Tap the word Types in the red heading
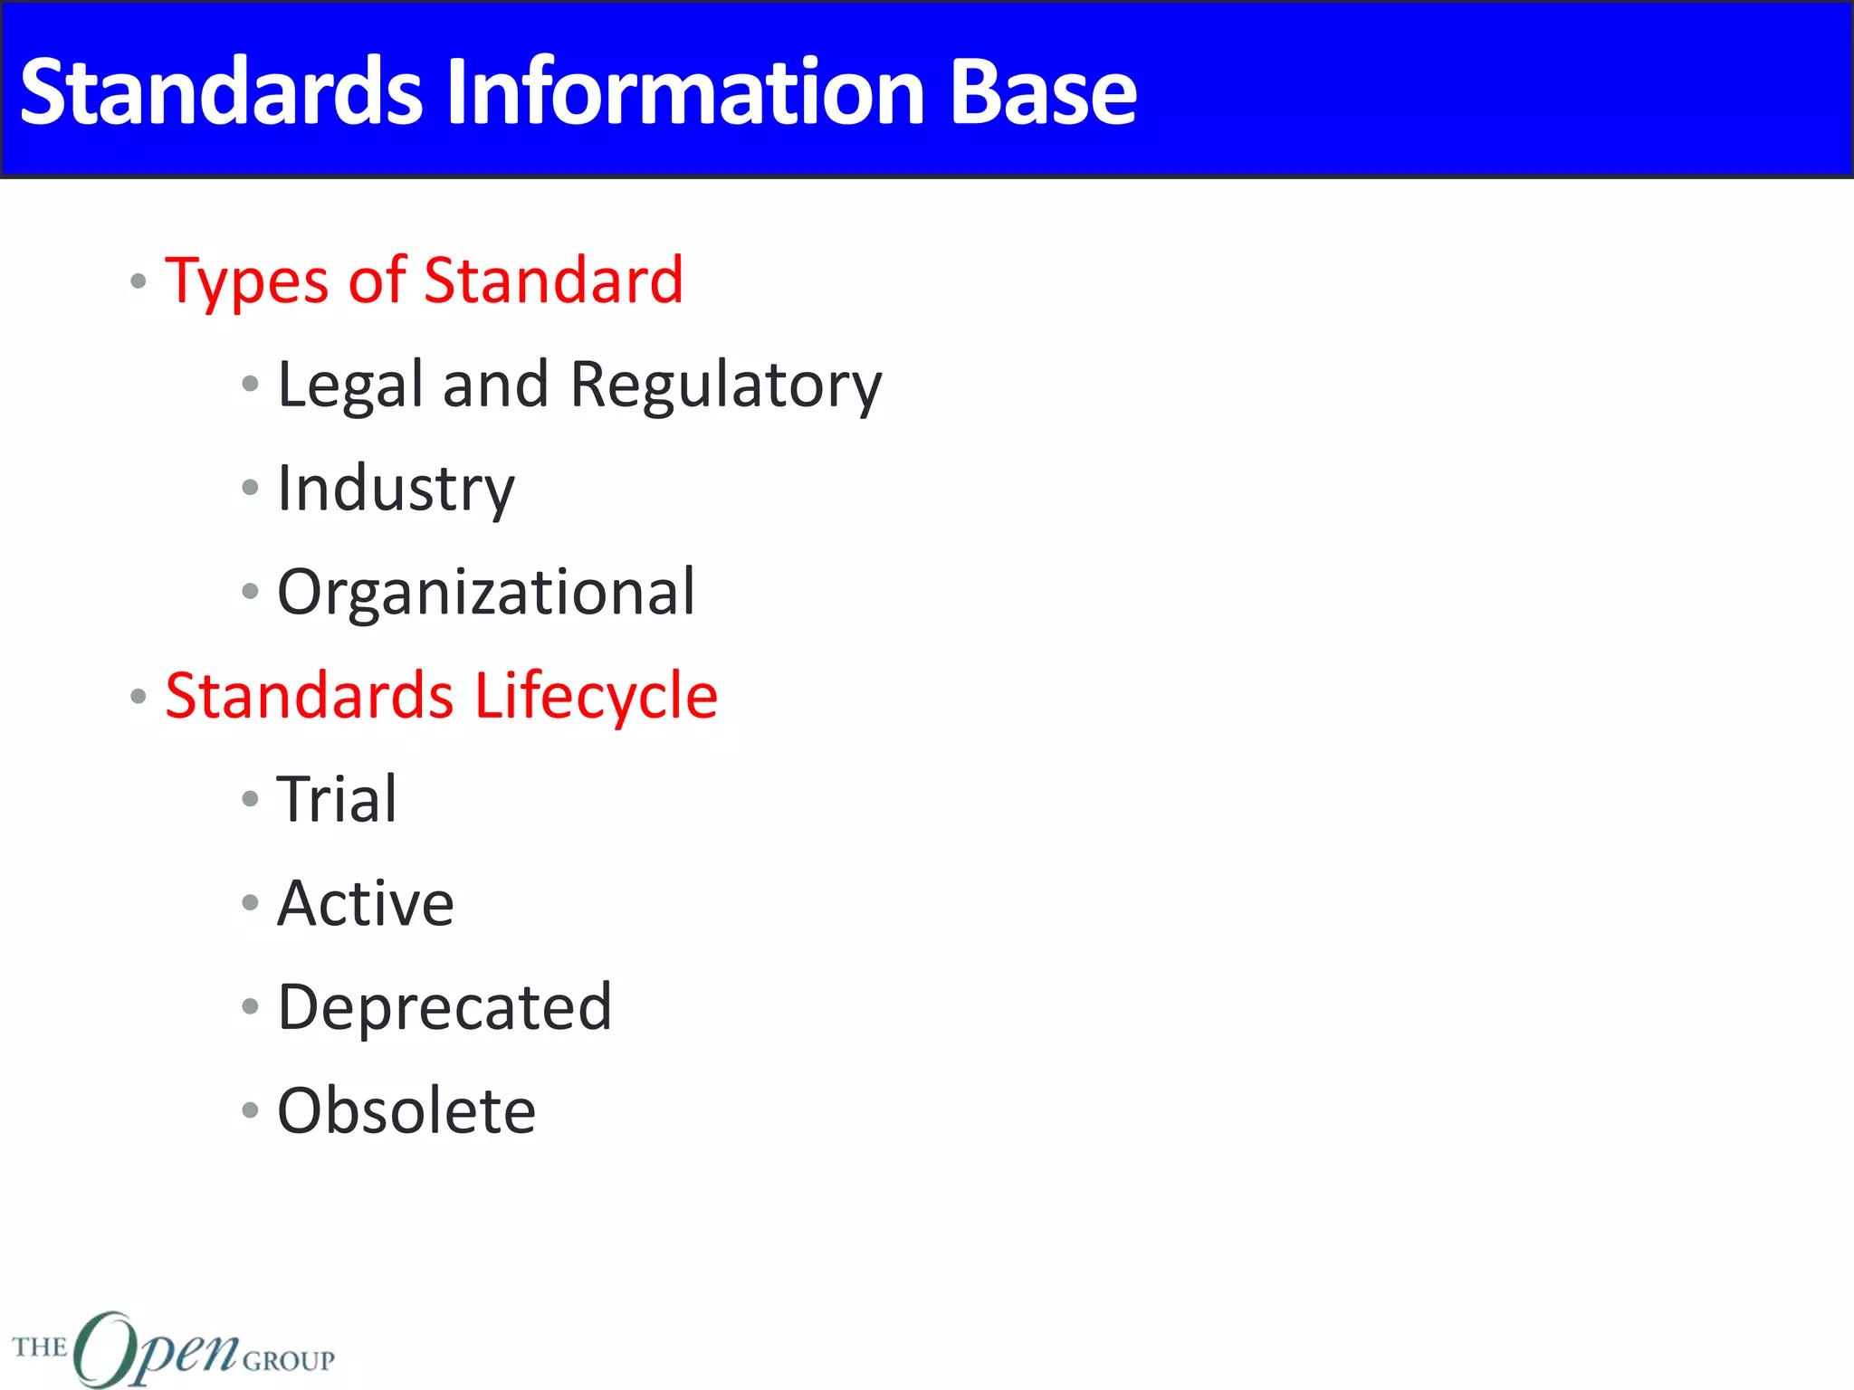tap(246, 282)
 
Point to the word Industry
tap(396, 490)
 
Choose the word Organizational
tap(486, 593)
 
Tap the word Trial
tap(337, 800)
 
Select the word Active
tap(366, 903)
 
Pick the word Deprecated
tap(444, 1007)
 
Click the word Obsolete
tap(406, 1111)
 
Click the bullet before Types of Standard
tap(139, 281)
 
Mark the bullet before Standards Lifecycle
tap(139, 696)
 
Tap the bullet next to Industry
tap(251, 489)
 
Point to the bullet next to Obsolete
tap(251, 1110)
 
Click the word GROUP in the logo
tap(289, 1361)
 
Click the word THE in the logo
tap(40, 1347)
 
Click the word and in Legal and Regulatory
tap(495, 385)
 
